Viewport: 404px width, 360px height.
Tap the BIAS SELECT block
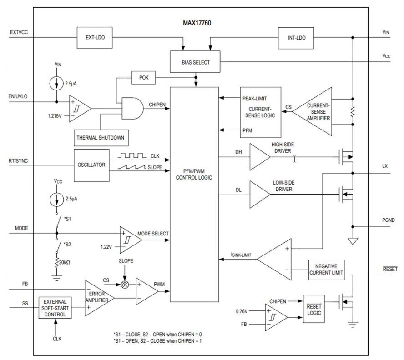pos(196,62)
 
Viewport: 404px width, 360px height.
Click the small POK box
pos(143,78)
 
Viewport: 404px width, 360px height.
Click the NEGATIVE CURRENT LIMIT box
pos(326,270)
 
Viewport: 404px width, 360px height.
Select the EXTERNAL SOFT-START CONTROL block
pos(55,308)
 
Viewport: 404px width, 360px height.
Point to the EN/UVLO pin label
pos(19,97)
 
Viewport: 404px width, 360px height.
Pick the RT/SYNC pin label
pos(18,160)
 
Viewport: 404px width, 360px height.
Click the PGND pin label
pos(388,220)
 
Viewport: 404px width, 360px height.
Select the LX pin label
pos(385,166)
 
